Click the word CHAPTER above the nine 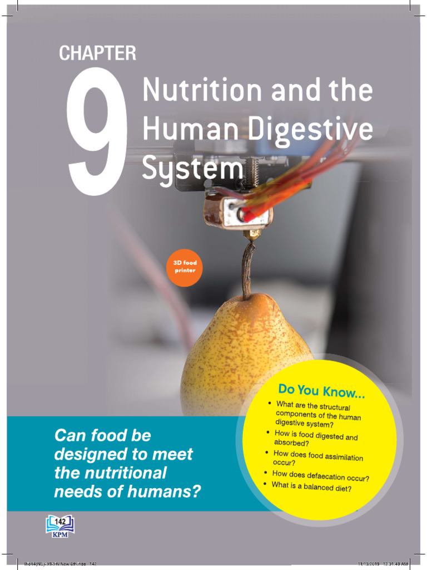(x=97, y=53)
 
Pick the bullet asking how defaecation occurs (x=321, y=476)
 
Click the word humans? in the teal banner (x=172, y=492)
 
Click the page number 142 (x=59, y=520)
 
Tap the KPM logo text (x=59, y=534)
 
